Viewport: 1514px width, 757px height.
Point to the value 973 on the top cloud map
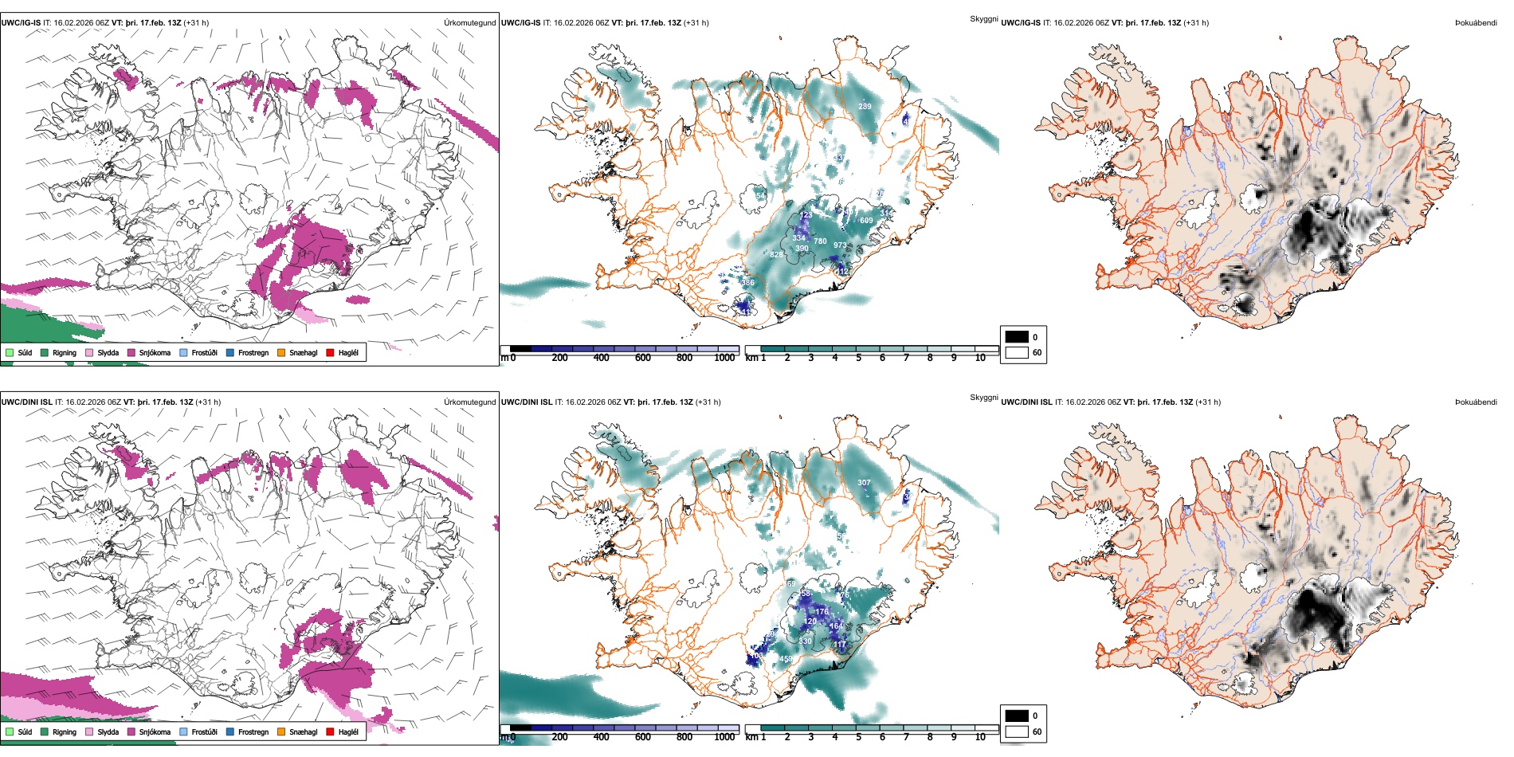tap(840, 245)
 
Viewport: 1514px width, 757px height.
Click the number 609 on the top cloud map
tap(866, 221)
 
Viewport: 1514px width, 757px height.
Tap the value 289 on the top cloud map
tap(865, 106)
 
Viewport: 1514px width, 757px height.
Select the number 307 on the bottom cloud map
tap(864, 483)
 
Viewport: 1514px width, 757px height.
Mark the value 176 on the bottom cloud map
tap(822, 612)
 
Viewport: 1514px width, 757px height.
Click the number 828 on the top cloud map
tap(776, 255)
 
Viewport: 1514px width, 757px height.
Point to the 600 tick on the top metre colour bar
tap(643, 358)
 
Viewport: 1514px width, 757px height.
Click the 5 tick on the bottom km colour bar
tap(858, 737)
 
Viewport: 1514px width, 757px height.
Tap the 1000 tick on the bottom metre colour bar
tap(724, 737)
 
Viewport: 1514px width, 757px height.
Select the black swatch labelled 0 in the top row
tap(1017, 336)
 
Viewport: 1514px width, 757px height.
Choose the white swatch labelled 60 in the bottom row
tap(1017, 732)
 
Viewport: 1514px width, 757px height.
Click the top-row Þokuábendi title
tap(1476, 23)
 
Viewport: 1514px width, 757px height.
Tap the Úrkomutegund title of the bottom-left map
tap(469, 402)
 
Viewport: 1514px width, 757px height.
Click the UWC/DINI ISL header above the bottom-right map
tap(1026, 402)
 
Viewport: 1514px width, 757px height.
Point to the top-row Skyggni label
tap(983, 18)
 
